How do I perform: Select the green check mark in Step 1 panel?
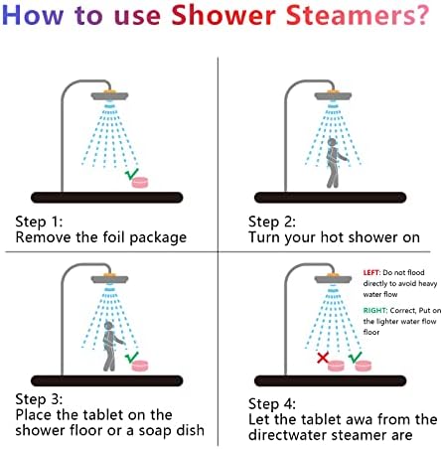[132, 174]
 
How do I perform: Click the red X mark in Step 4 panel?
[323, 356]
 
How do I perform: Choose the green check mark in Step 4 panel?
[355, 356]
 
